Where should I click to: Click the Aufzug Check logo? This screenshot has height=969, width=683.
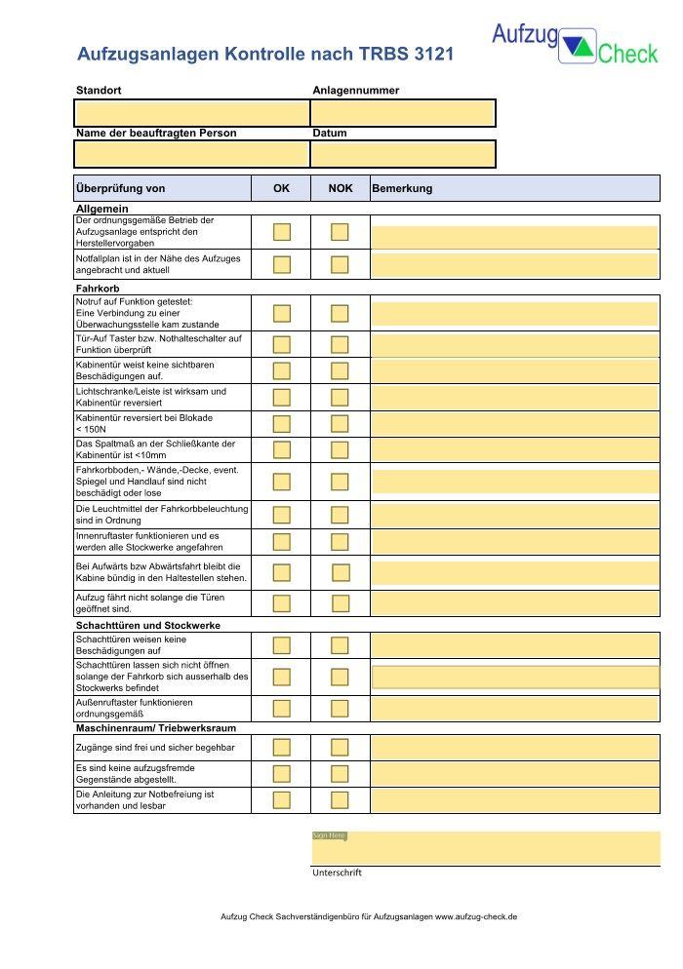(x=574, y=44)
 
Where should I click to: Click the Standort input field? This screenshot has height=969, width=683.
(x=191, y=113)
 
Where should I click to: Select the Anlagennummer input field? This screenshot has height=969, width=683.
(x=403, y=113)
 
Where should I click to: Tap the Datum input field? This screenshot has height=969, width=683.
(x=403, y=154)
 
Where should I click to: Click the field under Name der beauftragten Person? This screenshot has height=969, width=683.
(x=191, y=154)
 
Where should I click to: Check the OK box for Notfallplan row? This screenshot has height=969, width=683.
(x=282, y=264)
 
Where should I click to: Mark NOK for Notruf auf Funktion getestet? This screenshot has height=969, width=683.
(x=340, y=313)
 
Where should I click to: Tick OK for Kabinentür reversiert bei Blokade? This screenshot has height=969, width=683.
(x=282, y=423)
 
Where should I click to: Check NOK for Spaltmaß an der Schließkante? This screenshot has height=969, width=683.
(x=340, y=449)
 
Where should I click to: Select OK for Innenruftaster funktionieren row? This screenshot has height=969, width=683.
(x=282, y=542)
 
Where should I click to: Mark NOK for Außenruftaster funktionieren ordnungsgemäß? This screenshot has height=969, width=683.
(x=340, y=708)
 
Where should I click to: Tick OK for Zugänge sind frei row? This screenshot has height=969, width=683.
(x=282, y=748)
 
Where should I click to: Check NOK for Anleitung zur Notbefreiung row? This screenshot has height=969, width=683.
(x=340, y=800)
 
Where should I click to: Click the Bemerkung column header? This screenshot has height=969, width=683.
(x=402, y=188)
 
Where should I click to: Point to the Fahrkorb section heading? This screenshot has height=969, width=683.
(x=98, y=289)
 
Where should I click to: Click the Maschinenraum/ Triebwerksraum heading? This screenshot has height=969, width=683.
(x=155, y=727)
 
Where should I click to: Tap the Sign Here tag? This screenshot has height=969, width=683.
(x=329, y=835)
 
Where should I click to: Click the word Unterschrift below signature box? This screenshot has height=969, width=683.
(x=337, y=872)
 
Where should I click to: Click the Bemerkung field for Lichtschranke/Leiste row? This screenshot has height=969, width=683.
(x=514, y=397)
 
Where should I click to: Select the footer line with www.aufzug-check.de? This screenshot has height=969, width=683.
(x=369, y=917)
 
